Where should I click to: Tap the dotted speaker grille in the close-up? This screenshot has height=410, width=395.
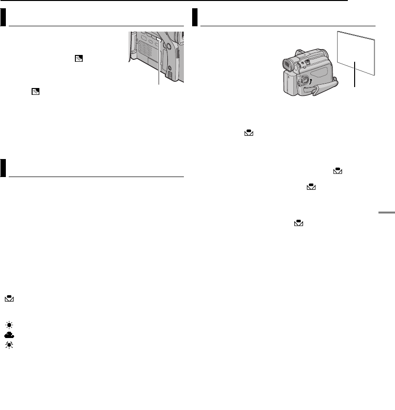coord(142,51)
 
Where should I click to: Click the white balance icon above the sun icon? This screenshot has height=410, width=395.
coord(10,300)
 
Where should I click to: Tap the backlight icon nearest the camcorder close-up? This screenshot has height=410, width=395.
coord(78,58)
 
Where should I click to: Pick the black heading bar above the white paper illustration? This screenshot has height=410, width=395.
coord(195,18)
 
